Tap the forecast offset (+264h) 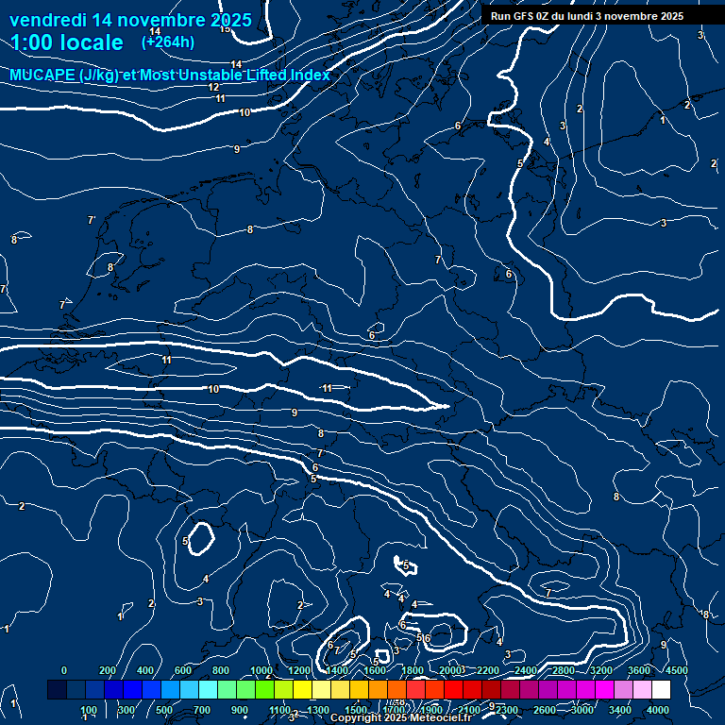[168, 42]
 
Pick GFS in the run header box [527, 16]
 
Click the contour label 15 [225, 28]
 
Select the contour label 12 [213, 87]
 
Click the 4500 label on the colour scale [676, 670]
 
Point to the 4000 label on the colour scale [658, 710]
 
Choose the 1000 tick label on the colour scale [261, 670]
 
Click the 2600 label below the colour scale [545, 710]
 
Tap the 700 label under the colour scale [202, 710]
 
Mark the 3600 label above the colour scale [639, 670]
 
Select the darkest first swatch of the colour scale [57, 690]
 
